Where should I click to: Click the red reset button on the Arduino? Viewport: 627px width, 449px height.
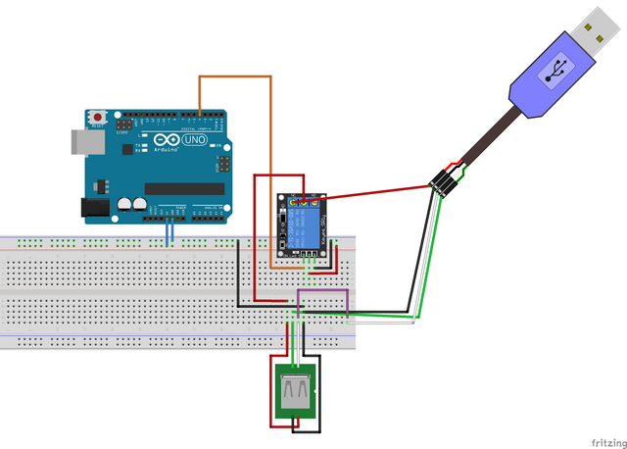(x=98, y=118)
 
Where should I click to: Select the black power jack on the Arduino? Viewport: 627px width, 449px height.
(x=94, y=207)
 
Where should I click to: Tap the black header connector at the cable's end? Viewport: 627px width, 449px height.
(x=445, y=183)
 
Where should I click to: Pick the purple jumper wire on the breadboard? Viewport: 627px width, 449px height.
(x=323, y=291)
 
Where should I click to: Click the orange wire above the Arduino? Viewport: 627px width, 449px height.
(x=235, y=75)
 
